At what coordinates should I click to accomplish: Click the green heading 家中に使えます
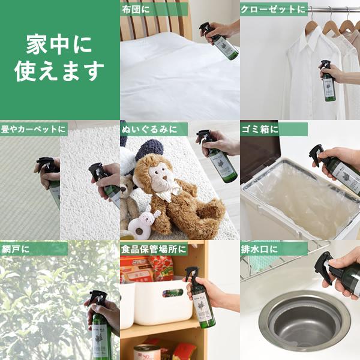tap(59, 58)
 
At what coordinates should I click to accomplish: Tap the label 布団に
tap(136, 9)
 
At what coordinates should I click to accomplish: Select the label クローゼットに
tap(273, 9)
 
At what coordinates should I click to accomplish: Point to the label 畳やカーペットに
tap(33, 129)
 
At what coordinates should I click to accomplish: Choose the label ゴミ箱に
tap(260, 129)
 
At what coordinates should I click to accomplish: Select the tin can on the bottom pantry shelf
tap(147, 352)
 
